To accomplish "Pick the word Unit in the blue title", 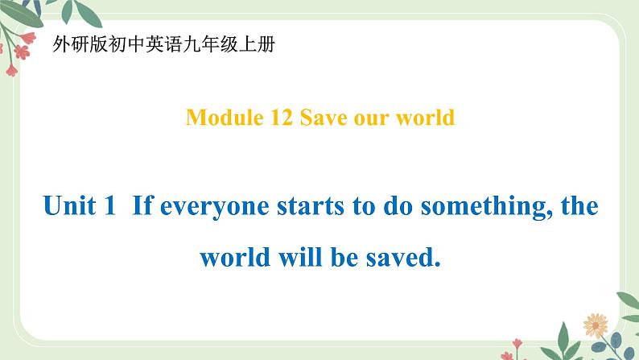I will [x=68, y=207].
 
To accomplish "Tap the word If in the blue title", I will [x=142, y=207].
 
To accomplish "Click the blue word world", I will [x=233, y=259].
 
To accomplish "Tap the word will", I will [x=299, y=259].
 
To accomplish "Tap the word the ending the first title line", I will [x=579, y=207].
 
